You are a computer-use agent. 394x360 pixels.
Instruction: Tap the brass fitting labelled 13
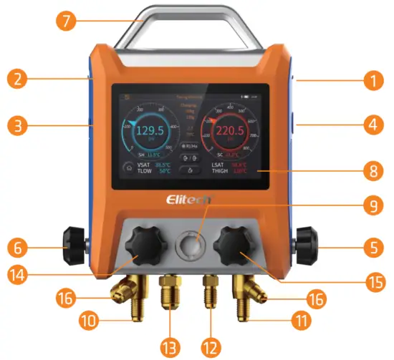pyautogui.click(x=170, y=293)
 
